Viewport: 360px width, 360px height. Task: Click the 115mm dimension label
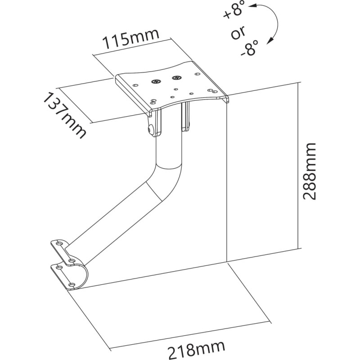pyautogui.click(x=131, y=40)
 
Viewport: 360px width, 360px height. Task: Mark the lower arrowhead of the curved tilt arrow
pyautogui.click(x=269, y=42)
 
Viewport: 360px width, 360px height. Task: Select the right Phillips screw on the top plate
pyautogui.click(x=175, y=77)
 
